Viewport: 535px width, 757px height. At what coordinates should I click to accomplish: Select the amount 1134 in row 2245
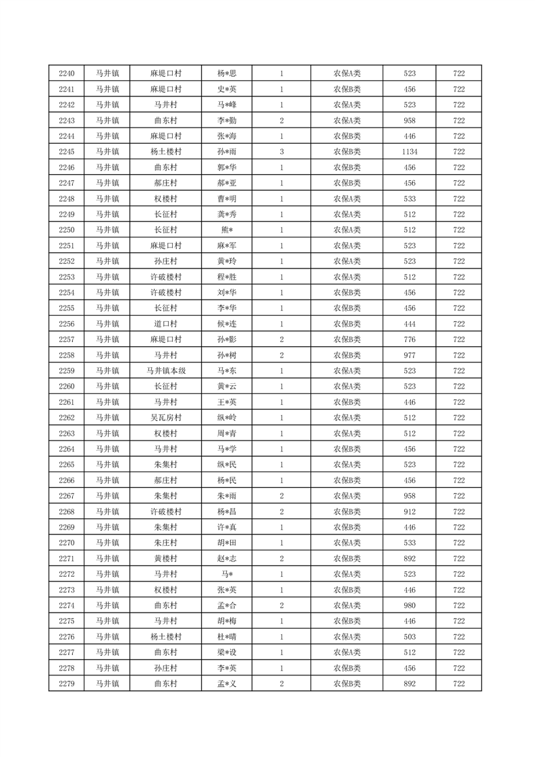pos(409,152)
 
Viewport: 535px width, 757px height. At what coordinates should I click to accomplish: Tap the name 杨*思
pos(227,74)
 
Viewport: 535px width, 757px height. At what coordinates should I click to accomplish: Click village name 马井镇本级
pos(165,371)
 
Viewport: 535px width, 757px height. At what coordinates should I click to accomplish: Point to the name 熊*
pos(227,230)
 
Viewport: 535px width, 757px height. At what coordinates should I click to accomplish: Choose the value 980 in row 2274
pos(409,606)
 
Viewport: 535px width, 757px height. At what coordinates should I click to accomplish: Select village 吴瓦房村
pos(165,418)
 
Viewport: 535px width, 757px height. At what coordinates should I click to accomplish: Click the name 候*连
pos(227,324)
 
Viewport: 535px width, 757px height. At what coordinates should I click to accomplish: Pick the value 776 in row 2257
pos(409,339)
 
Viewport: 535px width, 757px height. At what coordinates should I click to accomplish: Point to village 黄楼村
pos(165,559)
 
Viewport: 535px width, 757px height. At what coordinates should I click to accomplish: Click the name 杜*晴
pos(227,637)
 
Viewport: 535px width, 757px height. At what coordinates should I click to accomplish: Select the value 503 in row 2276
pos(409,637)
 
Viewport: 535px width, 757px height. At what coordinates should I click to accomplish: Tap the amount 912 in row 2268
pos(409,511)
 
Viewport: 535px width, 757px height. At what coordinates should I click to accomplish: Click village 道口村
pos(165,324)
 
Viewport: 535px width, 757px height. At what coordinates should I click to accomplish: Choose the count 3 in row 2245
pos(281,152)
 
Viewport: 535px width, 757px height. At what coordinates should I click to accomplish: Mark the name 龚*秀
pos(227,215)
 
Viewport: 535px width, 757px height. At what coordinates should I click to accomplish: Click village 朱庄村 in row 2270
pos(165,543)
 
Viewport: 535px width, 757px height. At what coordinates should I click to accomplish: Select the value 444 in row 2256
pos(409,324)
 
